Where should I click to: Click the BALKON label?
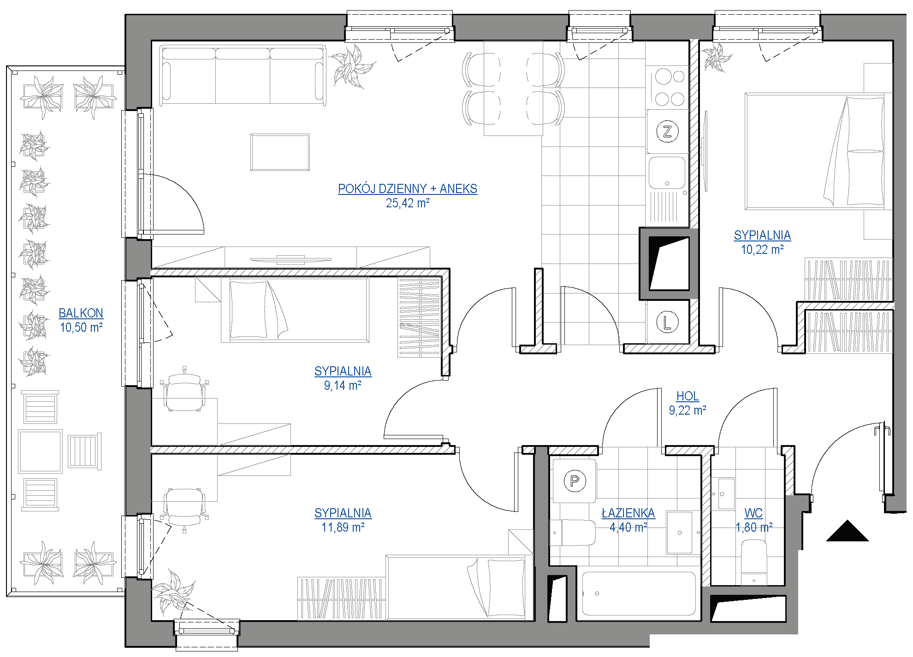click(x=81, y=313)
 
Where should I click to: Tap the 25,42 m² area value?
click(x=408, y=203)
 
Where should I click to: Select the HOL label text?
click(x=688, y=396)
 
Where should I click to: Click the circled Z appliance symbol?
click(x=667, y=131)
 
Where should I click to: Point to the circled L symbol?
click(x=667, y=322)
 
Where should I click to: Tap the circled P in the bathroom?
click(x=575, y=481)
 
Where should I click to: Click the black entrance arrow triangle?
click(x=848, y=531)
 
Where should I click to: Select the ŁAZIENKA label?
click(x=628, y=513)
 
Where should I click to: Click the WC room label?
click(x=754, y=513)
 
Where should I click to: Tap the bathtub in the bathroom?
click(x=639, y=594)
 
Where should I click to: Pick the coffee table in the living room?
click(x=280, y=153)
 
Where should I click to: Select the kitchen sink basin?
click(x=667, y=173)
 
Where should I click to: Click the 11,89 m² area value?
click(x=343, y=528)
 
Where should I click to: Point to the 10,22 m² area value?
click(x=763, y=250)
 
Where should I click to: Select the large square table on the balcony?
click(x=41, y=452)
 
